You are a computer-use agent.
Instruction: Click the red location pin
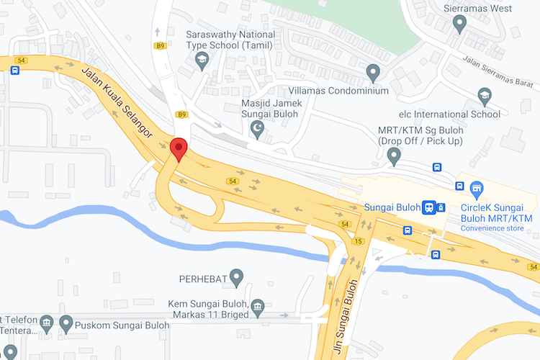click(x=179, y=149)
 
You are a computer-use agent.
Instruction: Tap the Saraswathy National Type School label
click(x=230, y=40)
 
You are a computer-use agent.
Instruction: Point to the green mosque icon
click(x=257, y=129)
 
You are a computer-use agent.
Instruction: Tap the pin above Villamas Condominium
click(x=373, y=72)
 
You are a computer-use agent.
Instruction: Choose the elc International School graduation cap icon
click(x=485, y=96)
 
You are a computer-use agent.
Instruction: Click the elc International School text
click(x=450, y=114)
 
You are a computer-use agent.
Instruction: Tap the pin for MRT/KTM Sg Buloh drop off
click(x=394, y=155)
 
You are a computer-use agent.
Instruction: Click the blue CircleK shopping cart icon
click(x=475, y=189)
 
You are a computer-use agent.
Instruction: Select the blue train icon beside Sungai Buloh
click(x=428, y=207)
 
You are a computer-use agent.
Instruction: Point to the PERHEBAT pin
click(x=235, y=276)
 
